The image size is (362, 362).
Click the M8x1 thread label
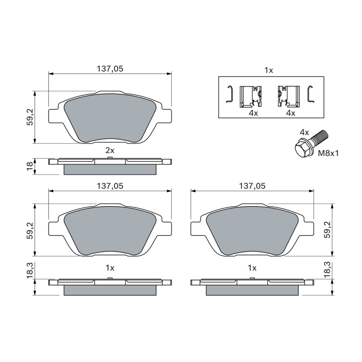328,154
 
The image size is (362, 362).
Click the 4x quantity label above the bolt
304,133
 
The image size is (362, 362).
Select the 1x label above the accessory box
269,70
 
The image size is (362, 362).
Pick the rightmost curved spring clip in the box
311,94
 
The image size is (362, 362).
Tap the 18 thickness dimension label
30,166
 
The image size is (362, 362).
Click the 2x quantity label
110,150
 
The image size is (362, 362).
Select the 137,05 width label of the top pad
110,69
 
